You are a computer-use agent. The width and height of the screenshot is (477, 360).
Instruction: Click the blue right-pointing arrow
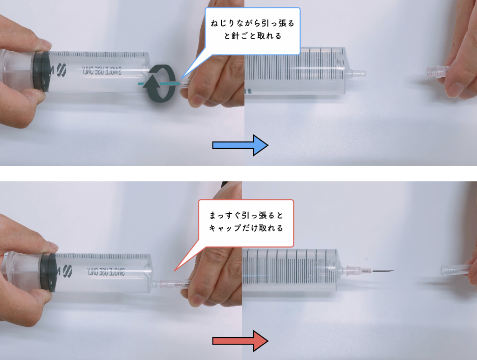240,145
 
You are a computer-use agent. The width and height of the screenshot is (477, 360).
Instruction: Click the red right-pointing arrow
240,341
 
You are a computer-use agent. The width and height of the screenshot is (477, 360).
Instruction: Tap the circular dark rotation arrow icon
160,83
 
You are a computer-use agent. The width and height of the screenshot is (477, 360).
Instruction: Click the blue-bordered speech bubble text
252,29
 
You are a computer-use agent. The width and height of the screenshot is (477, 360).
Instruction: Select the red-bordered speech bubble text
246,222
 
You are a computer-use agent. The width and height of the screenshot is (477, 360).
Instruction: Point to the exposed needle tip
393,270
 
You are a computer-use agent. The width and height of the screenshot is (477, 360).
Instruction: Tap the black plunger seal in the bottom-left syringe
48,272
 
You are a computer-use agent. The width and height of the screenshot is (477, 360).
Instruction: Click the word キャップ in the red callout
225,228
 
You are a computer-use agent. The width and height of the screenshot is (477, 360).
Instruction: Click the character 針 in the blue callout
235,36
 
